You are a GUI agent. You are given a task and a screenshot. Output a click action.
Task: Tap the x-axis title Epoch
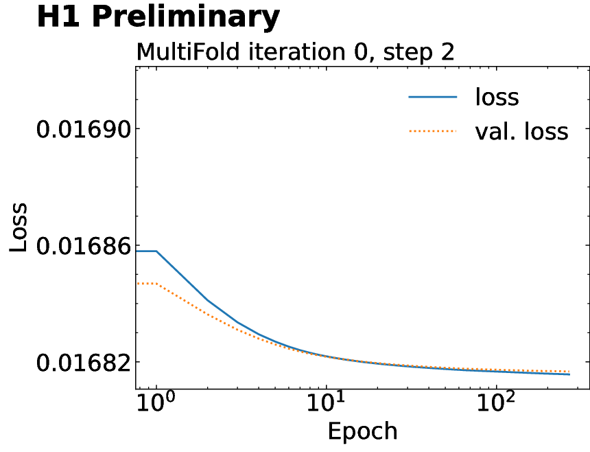pyautogui.click(x=362, y=431)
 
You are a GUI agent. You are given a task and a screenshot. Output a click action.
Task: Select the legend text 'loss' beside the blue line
pyautogui.click(x=497, y=97)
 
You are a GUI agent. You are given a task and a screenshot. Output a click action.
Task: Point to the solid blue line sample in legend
pyautogui.click(x=433, y=98)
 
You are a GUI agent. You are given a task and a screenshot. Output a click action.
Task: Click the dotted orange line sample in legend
pyautogui.click(x=433, y=131)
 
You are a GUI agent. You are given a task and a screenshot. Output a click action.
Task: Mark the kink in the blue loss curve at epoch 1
pyautogui.click(x=156, y=251)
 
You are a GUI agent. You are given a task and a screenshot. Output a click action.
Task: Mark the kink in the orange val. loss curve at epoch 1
pyautogui.click(x=156, y=283)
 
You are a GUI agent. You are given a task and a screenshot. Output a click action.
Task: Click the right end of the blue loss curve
pyautogui.click(x=569, y=374)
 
